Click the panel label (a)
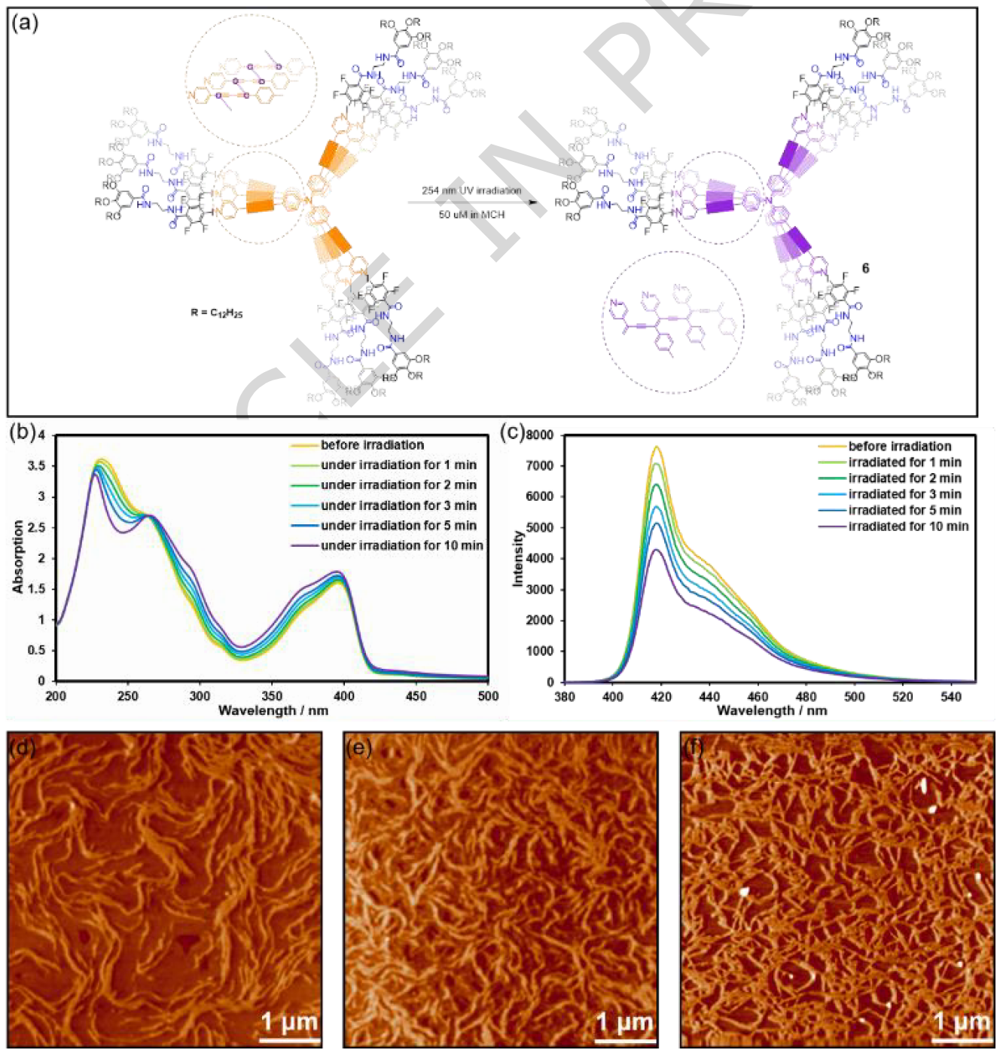coord(25,23)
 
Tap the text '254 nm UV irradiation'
coord(471,191)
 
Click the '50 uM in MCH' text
coord(471,215)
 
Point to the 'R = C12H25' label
coord(217,313)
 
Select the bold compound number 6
coord(865,268)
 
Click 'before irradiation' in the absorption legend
coord(372,445)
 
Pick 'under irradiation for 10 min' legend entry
coord(401,545)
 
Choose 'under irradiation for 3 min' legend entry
coord(398,505)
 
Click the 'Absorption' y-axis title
coord(19,557)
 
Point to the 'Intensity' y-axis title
coord(518,558)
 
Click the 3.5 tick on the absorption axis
coord(35,466)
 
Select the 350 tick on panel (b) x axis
coord(272,697)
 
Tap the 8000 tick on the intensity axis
coord(539,435)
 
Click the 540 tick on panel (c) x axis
coord(950,697)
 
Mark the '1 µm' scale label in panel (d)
coord(289,1022)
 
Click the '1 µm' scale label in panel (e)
coord(624,1022)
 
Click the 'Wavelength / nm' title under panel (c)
coord(772,710)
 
